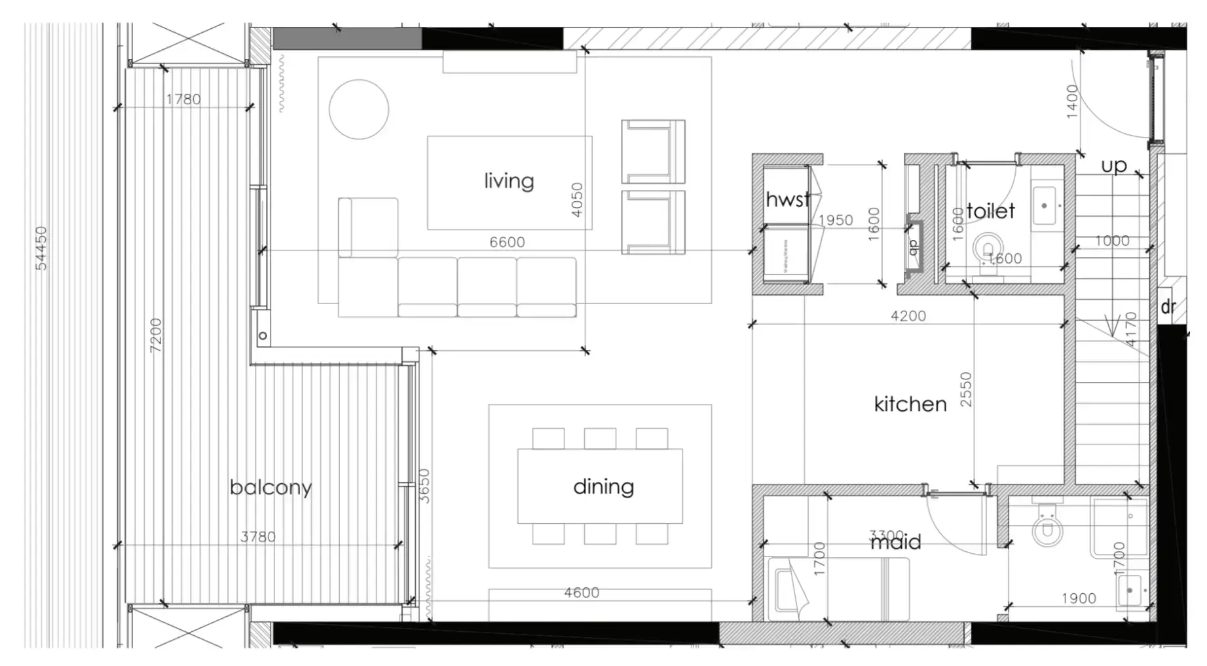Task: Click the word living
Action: pyautogui.click(x=509, y=181)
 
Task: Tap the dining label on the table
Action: pyautogui.click(x=603, y=487)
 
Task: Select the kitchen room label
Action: pyautogui.click(x=910, y=404)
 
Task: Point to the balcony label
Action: pyautogui.click(x=270, y=488)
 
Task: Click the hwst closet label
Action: pyautogui.click(x=787, y=199)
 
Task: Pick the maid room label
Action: pyautogui.click(x=896, y=542)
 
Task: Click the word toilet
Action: pyautogui.click(x=990, y=211)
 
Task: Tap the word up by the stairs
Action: pyautogui.click(x=1113, y=166)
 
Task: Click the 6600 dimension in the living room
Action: pyautogui.click(x=507, y=243)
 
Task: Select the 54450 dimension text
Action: pyautogui.click(x=41, y=248)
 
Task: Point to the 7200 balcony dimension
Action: pyautogui.click(x=156, y=336)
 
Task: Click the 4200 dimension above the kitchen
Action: pyautogui.click(x=908, y=316)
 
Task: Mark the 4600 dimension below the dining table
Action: pyautogui.click(x=582, y=593)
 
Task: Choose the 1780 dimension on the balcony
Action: pyautogui.click(x=183, y=100)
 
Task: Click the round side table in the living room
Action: pyautogui.click(x=358, y=109)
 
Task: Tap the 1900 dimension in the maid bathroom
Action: pyautogui.click(x=1078, y=598)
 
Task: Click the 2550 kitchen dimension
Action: pyautogui.click(x=966, y=390)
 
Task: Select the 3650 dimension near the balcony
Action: pyautogui.click(x=424, y=486)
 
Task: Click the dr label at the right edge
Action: pyautogui.click(x=1168, y=307)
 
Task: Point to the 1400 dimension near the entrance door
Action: pyautogui.click(x=1072, y=102)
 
